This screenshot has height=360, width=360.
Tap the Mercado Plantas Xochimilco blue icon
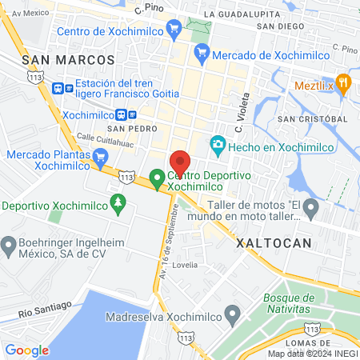[100, 158]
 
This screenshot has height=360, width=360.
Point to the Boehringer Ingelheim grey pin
[9, 243]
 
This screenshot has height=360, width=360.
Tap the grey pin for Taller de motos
[311, 210]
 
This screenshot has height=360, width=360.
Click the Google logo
[26, 350]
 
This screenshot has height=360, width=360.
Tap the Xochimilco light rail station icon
[133, 114]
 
